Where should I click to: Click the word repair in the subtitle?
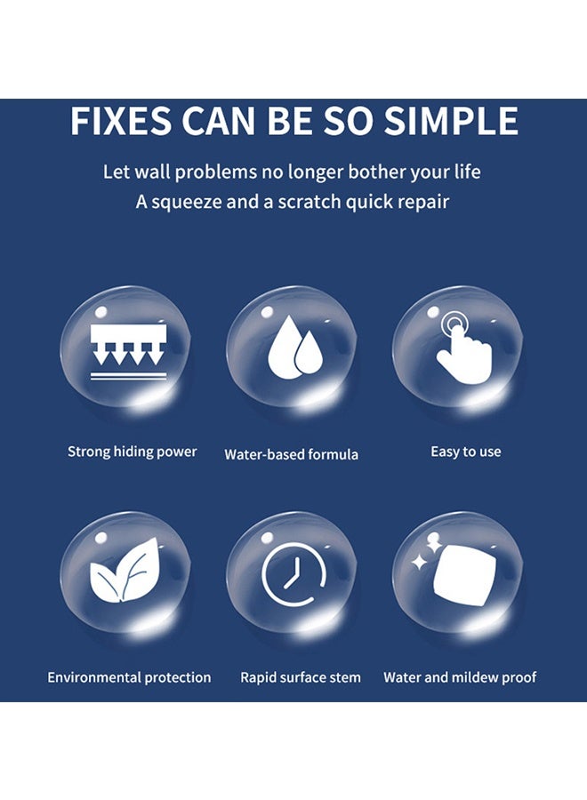[x=422, y=202]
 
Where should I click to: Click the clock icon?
[x=293, y=573]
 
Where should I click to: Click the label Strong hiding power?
[x=133, y=452]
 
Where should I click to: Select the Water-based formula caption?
[x=291, y=454]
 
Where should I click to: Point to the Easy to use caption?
[x=465, y=452]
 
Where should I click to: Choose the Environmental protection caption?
[x=129, y=677]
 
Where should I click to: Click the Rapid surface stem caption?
[x=301, y=677]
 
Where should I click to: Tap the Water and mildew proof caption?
[x=460, y=677]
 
